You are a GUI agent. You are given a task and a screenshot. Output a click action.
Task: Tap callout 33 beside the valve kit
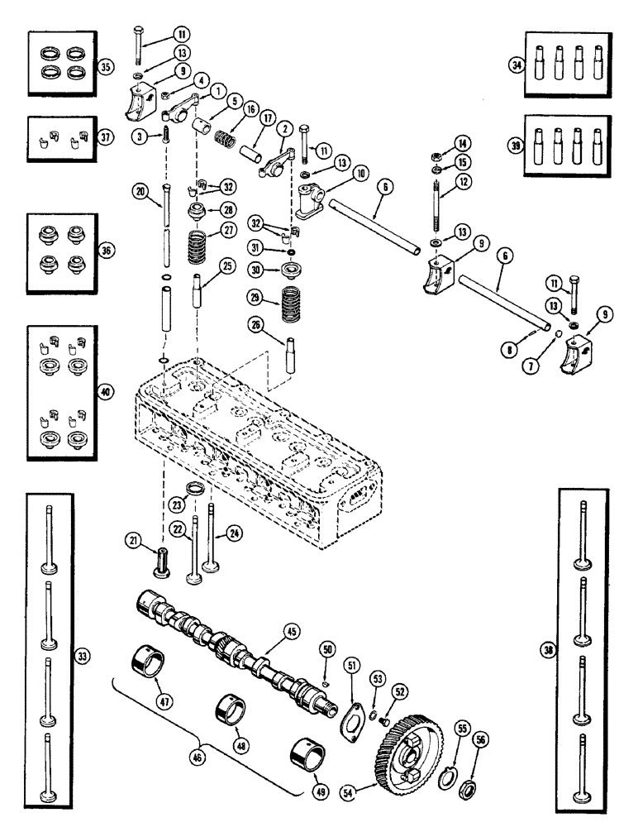tap(83, 654)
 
